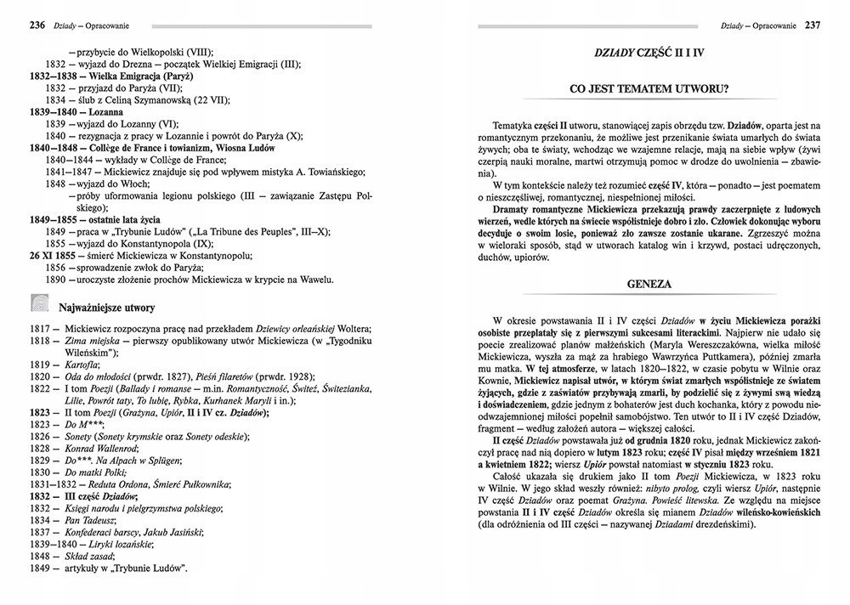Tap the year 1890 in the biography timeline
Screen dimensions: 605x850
56,279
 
